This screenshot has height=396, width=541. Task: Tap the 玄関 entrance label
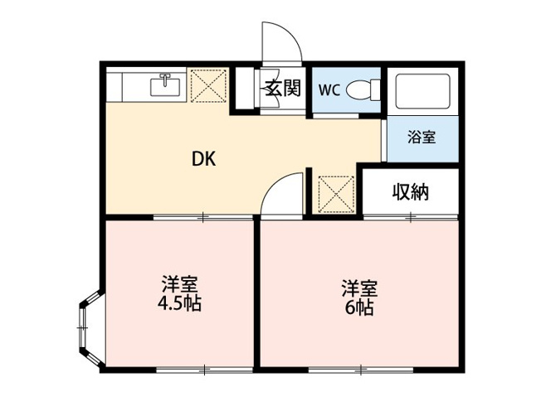point(281,88)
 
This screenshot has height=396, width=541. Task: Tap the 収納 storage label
point(410,193)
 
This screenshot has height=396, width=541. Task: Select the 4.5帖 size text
point(179,302)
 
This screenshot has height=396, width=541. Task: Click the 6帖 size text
point(361,308)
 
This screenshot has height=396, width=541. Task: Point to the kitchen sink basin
point(168,85)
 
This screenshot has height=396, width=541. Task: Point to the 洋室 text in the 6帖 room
point(361,289)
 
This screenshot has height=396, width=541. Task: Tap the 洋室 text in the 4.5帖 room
point(179,283)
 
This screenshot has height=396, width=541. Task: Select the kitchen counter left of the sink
point(128,86)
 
